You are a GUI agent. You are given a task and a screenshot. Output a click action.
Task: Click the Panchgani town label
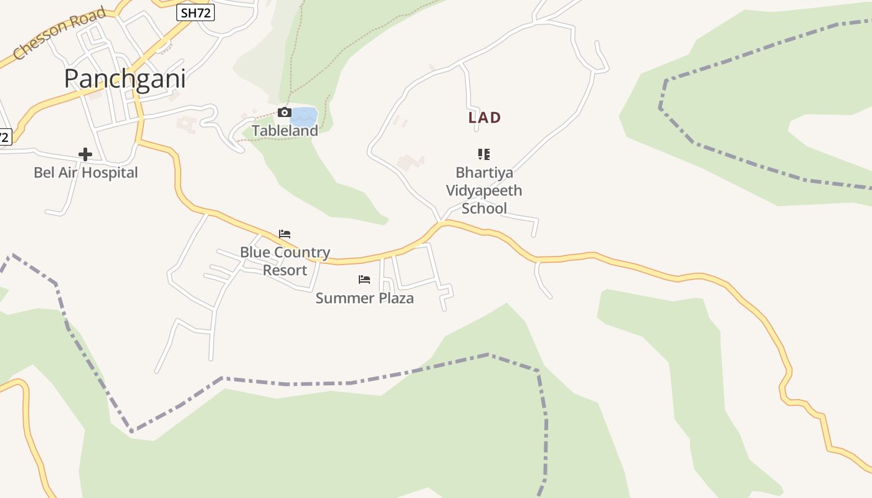[x=125, y=79]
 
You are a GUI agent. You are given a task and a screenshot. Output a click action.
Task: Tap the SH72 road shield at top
[x=195, y=12]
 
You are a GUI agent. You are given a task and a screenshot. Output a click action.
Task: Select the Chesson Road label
[x=59, y=34]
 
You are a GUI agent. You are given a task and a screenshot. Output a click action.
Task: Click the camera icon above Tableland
[x=285, y=112]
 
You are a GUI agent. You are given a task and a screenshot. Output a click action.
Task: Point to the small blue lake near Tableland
[x=305, y=116]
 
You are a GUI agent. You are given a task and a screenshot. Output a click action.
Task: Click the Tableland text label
[x=285, y=131]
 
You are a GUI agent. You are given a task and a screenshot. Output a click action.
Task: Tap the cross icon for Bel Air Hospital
[x=85, y=154]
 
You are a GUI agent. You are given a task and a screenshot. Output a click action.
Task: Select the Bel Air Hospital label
[x=86, y=172]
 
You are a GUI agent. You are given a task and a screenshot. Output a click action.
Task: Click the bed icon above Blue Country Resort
[x=285, y=234]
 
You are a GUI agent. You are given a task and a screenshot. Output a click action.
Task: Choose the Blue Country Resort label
[x=285, y=261]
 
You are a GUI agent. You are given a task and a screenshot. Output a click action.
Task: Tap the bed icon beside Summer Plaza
[x=364, y=280]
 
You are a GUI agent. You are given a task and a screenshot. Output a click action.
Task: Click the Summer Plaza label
[x=364, y=298]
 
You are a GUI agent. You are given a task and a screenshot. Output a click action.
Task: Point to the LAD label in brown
[x=485, y=118]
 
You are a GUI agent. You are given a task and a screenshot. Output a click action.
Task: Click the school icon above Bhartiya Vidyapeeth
[x=484, y=154]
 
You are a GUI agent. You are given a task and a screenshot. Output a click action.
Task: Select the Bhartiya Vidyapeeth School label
[x=484, y=190]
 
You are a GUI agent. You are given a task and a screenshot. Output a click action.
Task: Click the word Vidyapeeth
[x=484, y=190]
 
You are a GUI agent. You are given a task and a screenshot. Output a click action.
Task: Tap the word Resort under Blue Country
[x=285, y=270]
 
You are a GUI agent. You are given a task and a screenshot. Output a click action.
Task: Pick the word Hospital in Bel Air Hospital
[x=112, y=172]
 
